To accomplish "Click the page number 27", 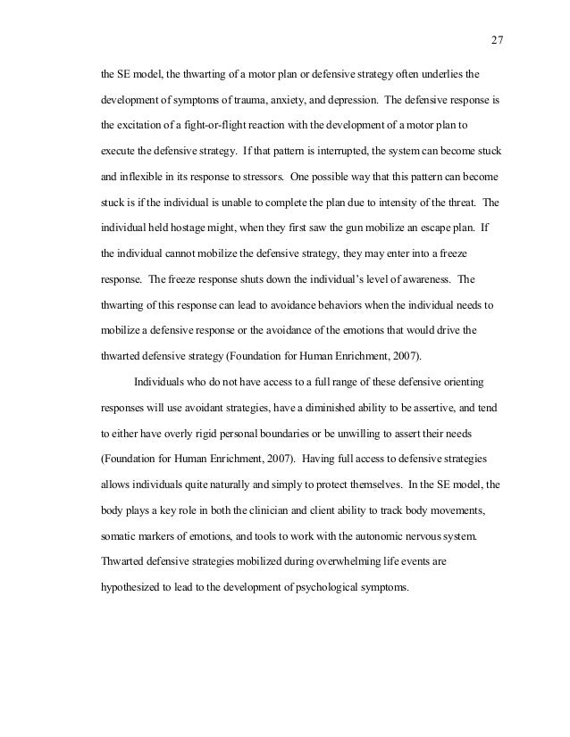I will click(x=499, y=39).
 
